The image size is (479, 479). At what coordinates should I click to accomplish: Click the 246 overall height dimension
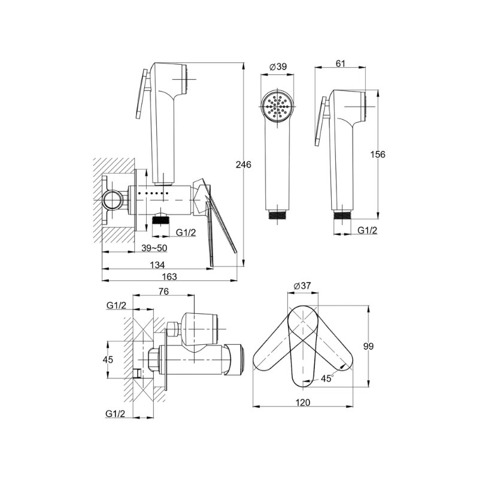coord(244,165)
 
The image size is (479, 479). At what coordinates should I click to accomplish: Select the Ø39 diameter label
coord(278,66)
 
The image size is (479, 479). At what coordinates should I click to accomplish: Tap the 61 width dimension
coord(340,63)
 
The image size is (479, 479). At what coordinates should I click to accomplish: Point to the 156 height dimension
coord(378,154)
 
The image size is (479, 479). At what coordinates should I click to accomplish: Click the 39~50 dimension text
coord(154,248)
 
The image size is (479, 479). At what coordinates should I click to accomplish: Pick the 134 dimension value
coord(157,265)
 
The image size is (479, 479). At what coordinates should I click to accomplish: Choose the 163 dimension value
coord(169,276)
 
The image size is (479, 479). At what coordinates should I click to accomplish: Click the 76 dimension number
coord(163,292)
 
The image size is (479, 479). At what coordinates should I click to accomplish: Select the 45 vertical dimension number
coord(108,360)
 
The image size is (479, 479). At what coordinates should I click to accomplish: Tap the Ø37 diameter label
coord(302,286)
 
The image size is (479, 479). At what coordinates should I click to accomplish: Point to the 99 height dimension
coord(368,347)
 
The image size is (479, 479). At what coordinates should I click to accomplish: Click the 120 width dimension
coord(303,402)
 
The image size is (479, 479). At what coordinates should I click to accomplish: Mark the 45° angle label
coord(327,378)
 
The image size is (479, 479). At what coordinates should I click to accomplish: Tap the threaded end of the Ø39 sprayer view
coord(277,214)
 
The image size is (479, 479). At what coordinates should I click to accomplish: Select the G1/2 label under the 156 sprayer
coord(367,230)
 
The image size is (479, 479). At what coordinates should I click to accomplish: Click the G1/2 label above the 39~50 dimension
coord(186,232)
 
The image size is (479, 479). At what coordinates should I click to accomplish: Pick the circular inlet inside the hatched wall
coord(112,201)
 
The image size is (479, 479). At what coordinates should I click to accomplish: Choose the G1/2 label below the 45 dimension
coord(116,414)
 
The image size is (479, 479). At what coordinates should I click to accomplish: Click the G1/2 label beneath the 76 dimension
coord(116,305)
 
